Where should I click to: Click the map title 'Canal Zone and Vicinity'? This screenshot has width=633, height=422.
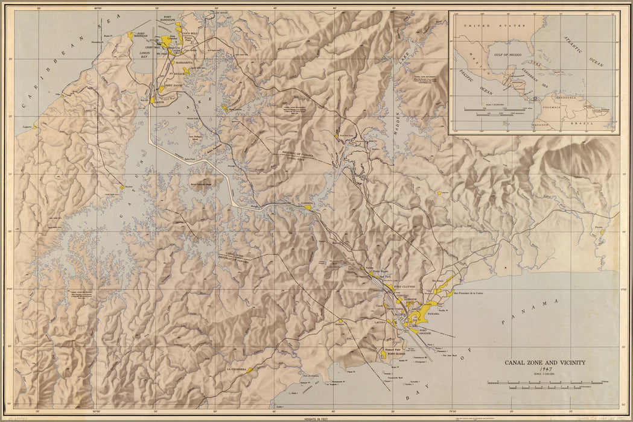coord(545,362)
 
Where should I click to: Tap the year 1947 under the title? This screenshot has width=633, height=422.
coord(546,369)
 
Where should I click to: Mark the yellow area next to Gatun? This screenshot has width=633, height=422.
coord(153,100)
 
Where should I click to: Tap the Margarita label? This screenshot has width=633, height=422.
coord(183,62)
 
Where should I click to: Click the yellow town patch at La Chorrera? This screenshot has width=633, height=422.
coord(250,370)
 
